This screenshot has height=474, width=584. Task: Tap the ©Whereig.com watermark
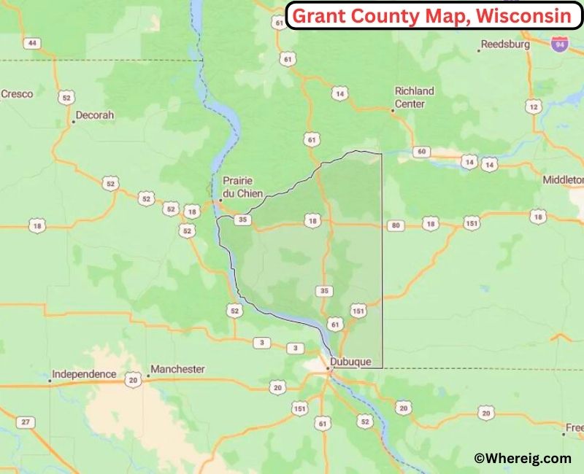click(x=522, y=458)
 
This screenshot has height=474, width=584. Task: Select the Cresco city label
click(x=17, y=94)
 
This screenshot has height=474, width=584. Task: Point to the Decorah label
click(x=95, y=115)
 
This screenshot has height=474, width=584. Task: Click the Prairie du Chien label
click(x=242, y=187)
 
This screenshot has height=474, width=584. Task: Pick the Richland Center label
click(x=414, y=97)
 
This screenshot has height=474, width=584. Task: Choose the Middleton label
click(x=564, y=179)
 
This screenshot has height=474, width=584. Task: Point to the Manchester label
click(x=177, y=369)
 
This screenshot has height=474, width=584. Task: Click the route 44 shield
click(x=31, y=43)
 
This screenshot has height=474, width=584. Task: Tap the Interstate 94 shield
click(x=560, y=44)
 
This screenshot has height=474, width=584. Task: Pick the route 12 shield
click(x=534, y=107)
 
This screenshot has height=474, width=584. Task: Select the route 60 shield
click(x=421, y=152)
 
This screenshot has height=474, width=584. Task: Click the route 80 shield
click(x=396, y=225)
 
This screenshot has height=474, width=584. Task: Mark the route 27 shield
click(x=26, y=422)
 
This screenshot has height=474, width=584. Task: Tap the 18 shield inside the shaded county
click(x=313, y=221)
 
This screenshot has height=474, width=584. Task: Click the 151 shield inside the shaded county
click(x=358, y=311)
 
